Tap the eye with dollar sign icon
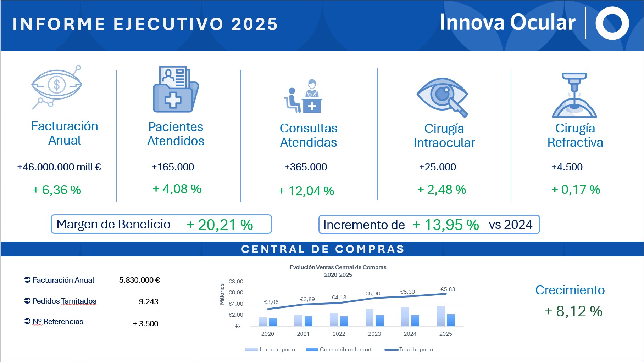(x=57, y=87)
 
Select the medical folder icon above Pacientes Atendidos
(x=176, y=89)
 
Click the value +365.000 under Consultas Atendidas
(x=306, y=167)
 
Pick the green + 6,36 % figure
(x=57, y=190)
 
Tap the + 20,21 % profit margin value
(x=220, y=225)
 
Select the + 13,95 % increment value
(x=446, y=225)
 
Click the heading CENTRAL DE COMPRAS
(x=323, y=249)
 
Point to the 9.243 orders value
(x=149, y=302)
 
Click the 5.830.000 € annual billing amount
(x=139, y=280)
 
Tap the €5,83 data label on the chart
(x=448, y=289)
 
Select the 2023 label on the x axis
(x=374, y=334)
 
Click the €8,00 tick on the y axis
(x=236, y=282)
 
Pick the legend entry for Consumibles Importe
(x=340, y=350)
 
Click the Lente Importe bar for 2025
(x=441, y=316)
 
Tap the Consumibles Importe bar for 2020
(x=273, y=322)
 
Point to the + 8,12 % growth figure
(x=573, y=311)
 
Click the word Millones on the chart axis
(x=222, y=294)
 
